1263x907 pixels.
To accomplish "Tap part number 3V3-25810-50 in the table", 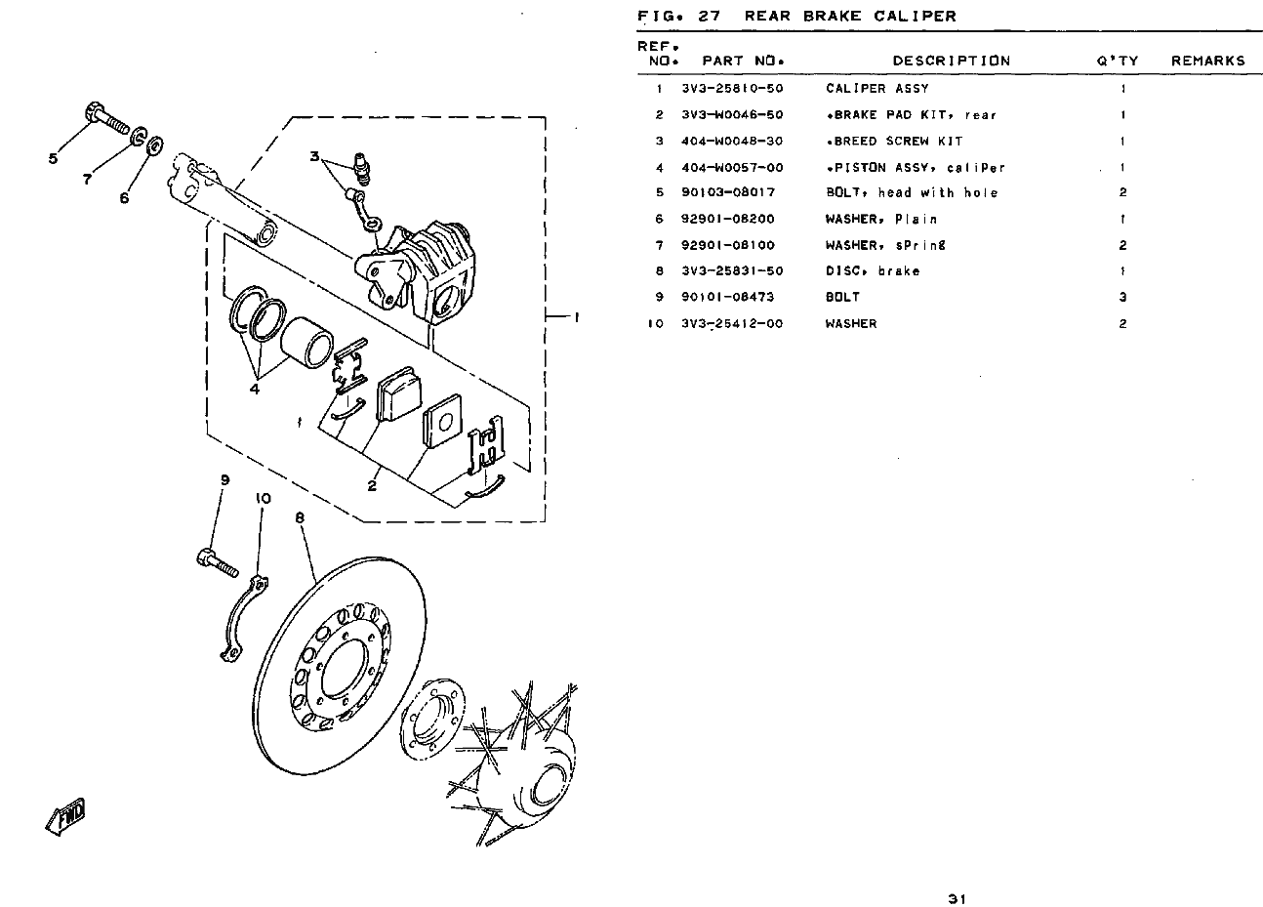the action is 731,89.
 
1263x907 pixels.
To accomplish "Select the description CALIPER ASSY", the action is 876,89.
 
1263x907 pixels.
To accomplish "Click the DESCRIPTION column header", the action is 951,61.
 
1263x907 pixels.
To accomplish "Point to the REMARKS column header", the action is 1207,61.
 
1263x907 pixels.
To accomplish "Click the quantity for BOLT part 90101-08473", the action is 1122,297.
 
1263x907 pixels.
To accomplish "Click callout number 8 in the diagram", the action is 301,519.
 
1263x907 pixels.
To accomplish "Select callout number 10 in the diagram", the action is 262,498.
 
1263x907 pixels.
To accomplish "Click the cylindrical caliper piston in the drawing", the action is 307,342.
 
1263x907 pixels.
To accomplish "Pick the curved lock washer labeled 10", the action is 239,623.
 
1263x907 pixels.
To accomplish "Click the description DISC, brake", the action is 872,271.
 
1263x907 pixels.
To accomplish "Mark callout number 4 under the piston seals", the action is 254,389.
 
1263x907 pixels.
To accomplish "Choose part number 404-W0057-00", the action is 731,168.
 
